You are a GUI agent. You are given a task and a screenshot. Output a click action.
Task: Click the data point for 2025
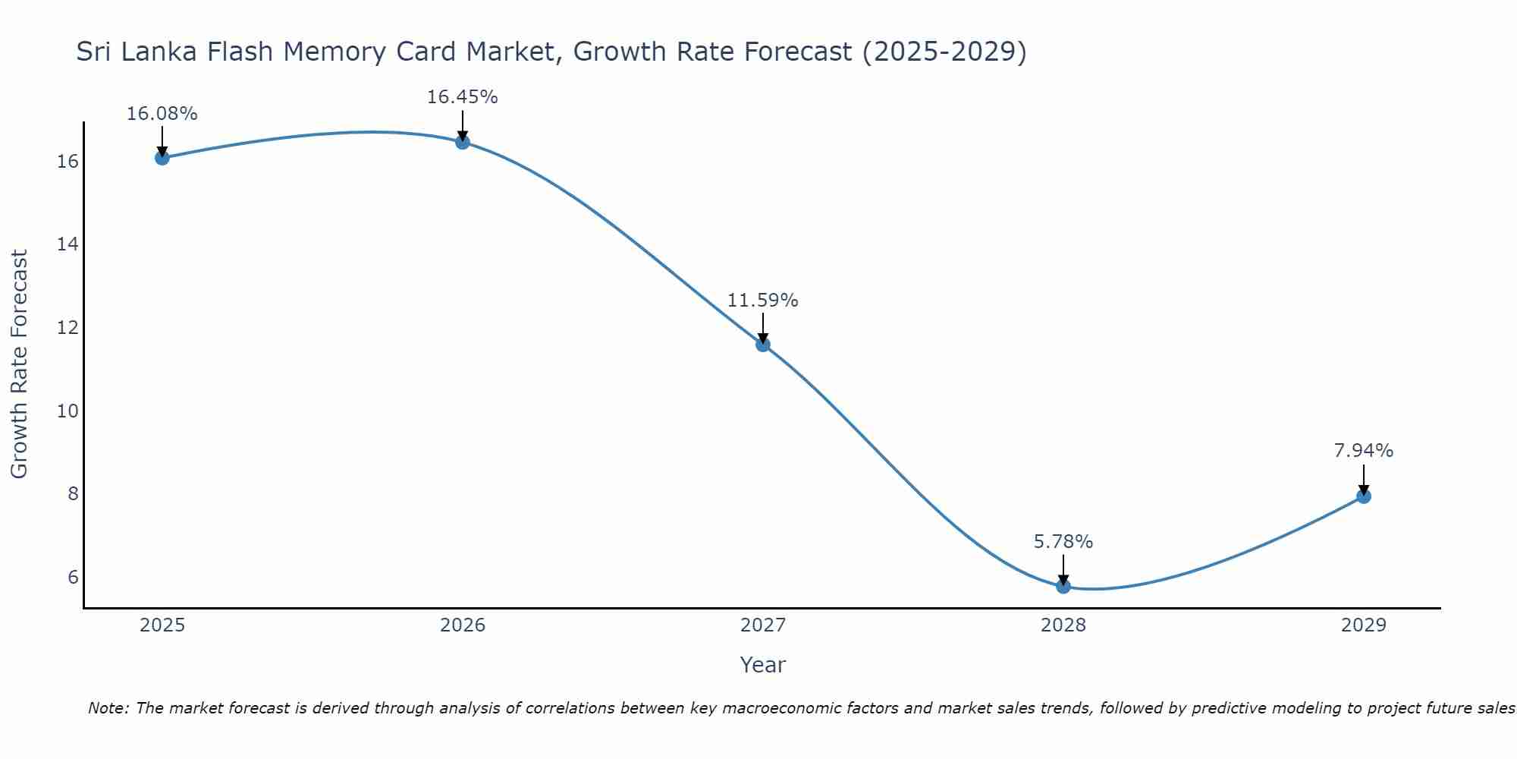tap(162, 158)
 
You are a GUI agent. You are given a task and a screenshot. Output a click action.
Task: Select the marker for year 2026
tap(463, 142)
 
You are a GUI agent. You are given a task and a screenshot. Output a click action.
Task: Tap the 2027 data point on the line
tap(763, 345)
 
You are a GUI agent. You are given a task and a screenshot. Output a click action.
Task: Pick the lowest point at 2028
tap(1063, 586)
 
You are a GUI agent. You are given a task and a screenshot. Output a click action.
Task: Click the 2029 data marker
tap(1364, 496)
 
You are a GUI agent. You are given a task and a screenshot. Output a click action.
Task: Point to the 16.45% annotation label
tap(462, 97)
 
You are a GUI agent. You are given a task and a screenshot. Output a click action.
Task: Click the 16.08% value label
tap(162, 114)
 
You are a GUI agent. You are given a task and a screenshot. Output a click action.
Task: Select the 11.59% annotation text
tap(762, 301)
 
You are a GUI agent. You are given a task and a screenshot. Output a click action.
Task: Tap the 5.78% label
tap(1063, 542)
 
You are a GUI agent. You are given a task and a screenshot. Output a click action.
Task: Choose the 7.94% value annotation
tap(1363, 451)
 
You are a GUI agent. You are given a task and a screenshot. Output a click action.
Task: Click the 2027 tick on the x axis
tap(763, 625)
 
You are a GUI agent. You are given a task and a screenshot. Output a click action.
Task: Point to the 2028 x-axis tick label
tap(1063, 625)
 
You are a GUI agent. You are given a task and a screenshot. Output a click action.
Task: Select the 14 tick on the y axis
tap(68, 244)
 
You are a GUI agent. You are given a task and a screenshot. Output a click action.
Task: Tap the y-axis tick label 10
tap(68, 411)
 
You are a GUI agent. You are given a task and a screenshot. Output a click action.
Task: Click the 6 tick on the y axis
tap(73, 577)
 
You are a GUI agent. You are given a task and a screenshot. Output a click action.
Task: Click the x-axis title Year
tap(762, 665)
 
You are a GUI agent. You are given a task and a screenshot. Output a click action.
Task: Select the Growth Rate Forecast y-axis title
tap(19, 364)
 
